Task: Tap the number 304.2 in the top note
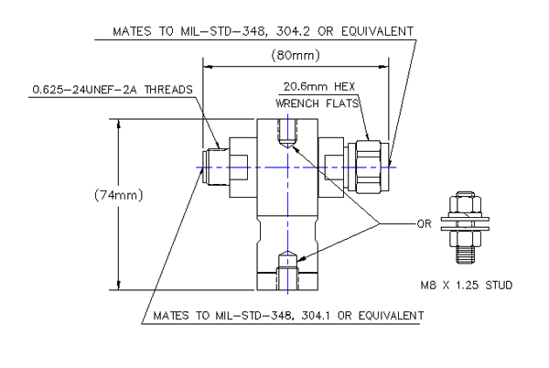[x=302, y=30]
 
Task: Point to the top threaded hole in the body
[x=288, y=137]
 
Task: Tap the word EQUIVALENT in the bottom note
[x=389, y=316]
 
